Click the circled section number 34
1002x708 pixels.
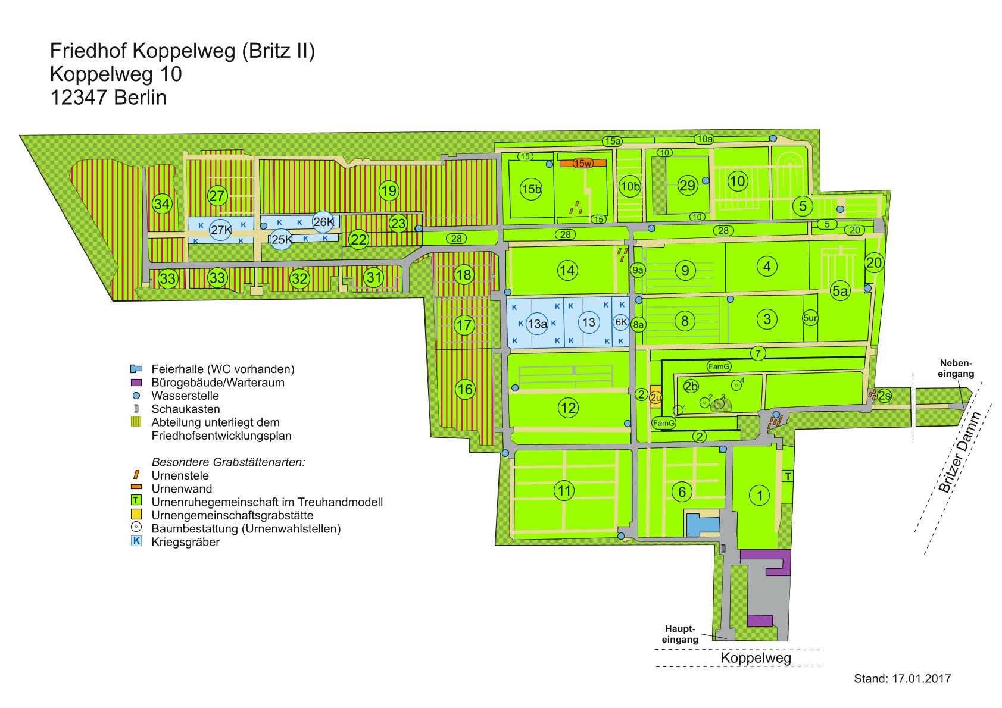point(161,204)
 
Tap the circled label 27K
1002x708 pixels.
point(220,230)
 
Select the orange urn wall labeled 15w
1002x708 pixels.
point(583,163)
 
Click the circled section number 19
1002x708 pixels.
point(388,191)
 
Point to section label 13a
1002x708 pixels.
point(537,323)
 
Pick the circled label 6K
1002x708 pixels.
point(621,322)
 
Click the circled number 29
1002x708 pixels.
point(687,185)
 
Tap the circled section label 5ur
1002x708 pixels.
point(810,318)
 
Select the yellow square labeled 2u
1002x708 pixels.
point(655,395)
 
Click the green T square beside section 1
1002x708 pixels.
point(788,476)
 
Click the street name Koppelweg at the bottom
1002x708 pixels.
point(756,657)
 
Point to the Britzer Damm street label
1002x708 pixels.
point(959,452)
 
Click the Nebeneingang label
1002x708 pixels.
point(956,368)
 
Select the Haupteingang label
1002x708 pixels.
point(680,634)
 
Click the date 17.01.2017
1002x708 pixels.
point(922,678)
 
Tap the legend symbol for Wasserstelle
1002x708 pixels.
point(136,396)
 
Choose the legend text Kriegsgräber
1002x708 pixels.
point(186,542)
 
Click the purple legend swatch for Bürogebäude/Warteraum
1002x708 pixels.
point(136,383)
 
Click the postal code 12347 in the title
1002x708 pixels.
point(79,98)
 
